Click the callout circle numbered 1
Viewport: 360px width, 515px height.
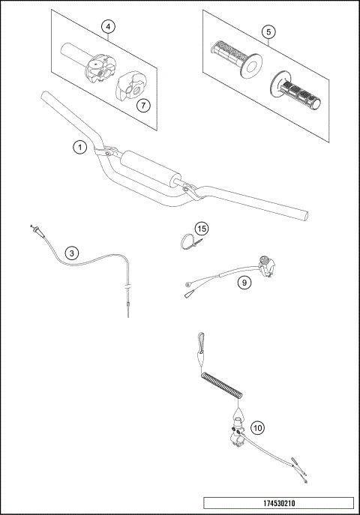(x=79, y=147)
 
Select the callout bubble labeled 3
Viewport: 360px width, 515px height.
(x=71, y=253)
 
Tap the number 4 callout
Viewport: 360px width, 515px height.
(x=109, y=28)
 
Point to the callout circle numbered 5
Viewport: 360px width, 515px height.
(x=267, y=32)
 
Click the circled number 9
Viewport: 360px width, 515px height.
(x=244, y=283)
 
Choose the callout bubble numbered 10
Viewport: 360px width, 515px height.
(x=257, y=428)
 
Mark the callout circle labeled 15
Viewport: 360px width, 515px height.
(x=201, y=228)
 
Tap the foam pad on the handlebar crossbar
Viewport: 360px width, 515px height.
(x=150, y=168)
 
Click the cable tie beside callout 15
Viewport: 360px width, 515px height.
(x=188, y=241)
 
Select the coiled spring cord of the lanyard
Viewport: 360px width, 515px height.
(x=222, y=385)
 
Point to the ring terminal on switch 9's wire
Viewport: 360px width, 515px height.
(x=184, y=285)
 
